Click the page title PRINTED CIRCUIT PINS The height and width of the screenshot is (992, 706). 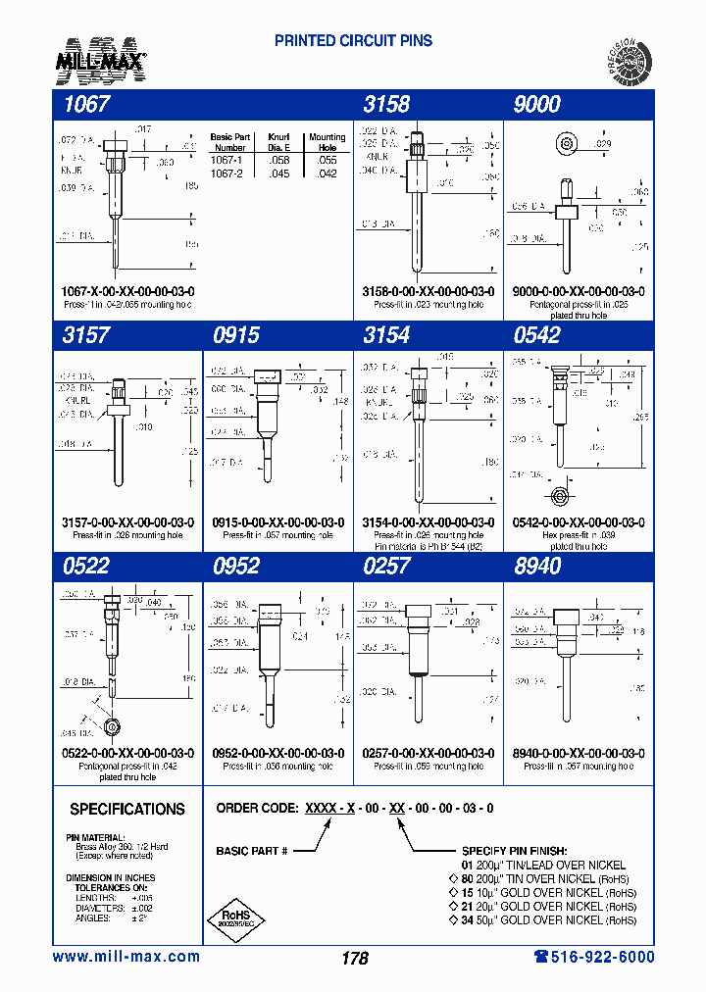[x=353, y=41]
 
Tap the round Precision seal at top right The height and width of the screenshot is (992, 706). [x=627, y=60]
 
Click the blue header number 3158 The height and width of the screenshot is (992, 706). [x=386, y=104]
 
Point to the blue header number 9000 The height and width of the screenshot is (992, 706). [x=537, y=104]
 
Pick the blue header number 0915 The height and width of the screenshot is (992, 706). [x=236, y=335]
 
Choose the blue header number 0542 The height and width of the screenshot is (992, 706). [x=537, y=335]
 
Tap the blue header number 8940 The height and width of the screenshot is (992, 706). [x=537, y=566]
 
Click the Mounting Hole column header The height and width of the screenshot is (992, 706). [x=327, y=142]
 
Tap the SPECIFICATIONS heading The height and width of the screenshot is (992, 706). [x=127, y=810]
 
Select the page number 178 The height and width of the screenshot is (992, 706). [x=355, y=958]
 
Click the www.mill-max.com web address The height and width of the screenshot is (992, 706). [x=126, y=957]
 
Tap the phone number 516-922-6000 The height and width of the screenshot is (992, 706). [x=594, y=957]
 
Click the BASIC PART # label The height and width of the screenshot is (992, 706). [x=251, y=851]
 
